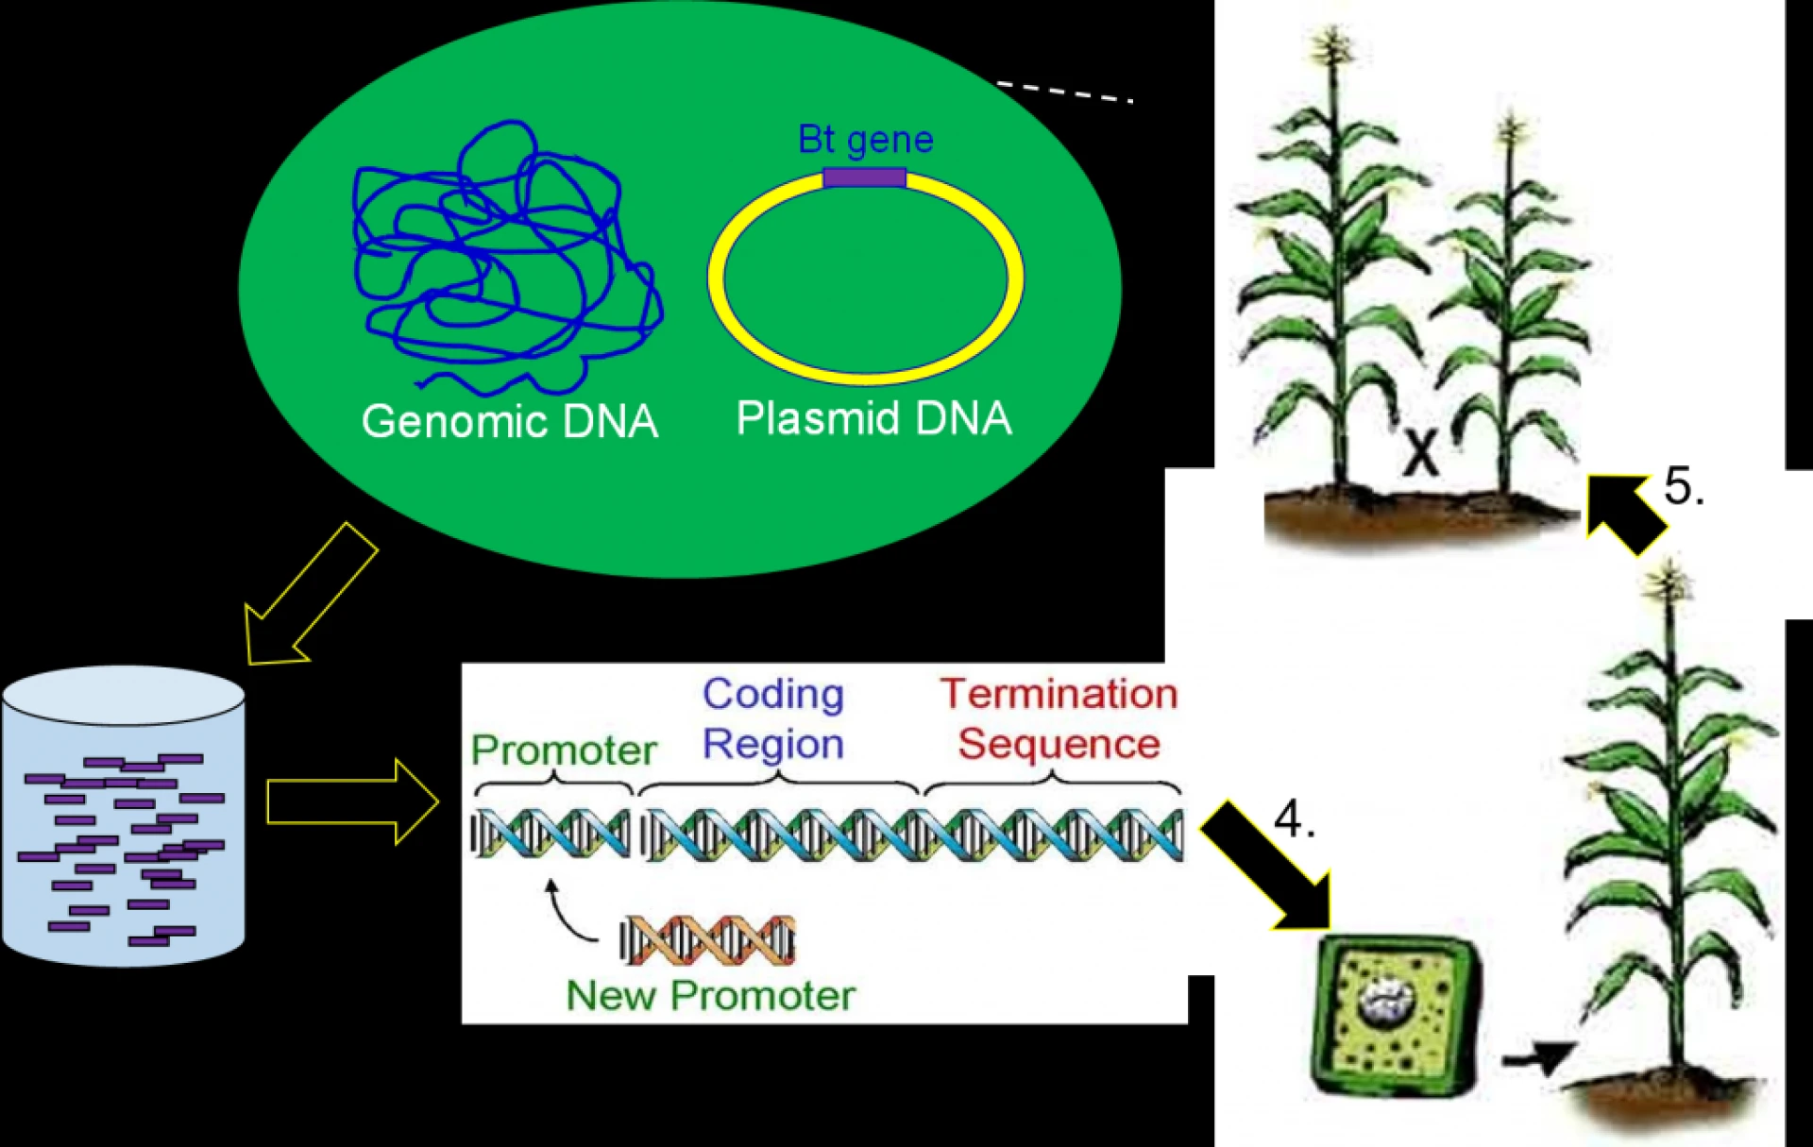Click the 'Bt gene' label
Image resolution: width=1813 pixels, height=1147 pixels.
[865, 140]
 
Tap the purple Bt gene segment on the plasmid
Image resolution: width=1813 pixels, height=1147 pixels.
[864, 177]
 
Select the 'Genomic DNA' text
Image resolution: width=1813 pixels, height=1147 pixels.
[509, 421]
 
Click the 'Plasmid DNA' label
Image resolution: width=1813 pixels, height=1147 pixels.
[873, 418]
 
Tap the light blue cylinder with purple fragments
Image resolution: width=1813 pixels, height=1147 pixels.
[123, 817]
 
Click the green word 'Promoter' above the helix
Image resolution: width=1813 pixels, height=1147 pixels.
[564, 751]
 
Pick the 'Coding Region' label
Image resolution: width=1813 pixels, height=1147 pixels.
[773, 718]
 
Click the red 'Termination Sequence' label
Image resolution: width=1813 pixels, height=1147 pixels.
[1059, 718]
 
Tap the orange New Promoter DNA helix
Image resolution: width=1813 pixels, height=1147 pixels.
[707, 940]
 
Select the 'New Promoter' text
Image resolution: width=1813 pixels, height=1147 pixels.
[710, 996]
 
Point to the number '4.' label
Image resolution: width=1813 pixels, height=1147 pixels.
[1294, 818]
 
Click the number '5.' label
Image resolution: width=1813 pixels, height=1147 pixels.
[1684, 486]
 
